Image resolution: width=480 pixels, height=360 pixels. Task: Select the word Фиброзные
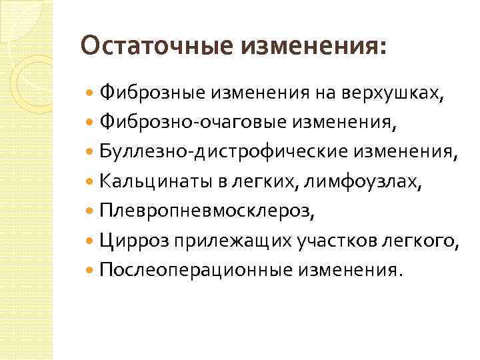click(x=153, y=94)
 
